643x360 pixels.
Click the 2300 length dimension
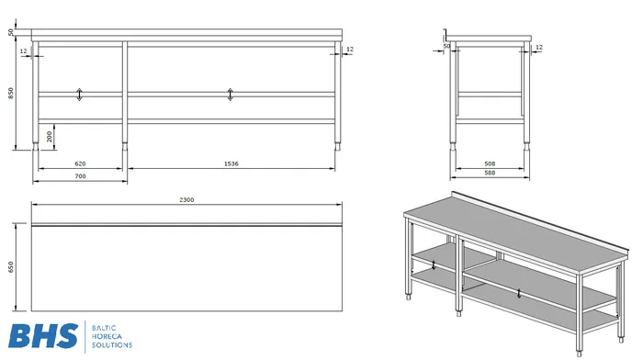pyautogui.click(x=186, y=199)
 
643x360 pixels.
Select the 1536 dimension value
pyautogui.click(x=231, y=163)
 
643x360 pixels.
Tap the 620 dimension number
pyautogui.click(x=81, y=163)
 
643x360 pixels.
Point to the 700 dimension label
pyautogui.click(x=81, y=176)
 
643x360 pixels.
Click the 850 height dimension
pyautogui.click(x=11, y=93)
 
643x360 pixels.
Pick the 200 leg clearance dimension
pyautogui.click(x=50, y=137)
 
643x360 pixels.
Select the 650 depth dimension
pyautogui.click(x=11, y=267)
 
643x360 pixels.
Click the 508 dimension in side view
pyautogui.click(x=490, y=163)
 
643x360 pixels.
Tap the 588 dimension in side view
pyautogui.click(x=490, y=173)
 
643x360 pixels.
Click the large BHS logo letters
pyautogui.click(x=43, y=336)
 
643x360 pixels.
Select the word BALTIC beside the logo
pyautogui.click(x=104, y=328)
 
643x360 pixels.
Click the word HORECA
pyautogui.click(x=107, y=337)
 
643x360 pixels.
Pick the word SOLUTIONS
pyautogui.click(x=112, y=345)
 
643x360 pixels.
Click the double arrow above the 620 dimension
pyautogui.click(x=80, y=95)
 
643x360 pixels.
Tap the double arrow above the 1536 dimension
pyautogui.click(x=230, y=95)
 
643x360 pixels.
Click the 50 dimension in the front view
pyautogui.click(x=11, y=32)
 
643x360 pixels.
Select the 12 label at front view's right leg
pyautogui.click(x=350, y=50)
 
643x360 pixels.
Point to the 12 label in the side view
pyautogui.click(x=539, y=48)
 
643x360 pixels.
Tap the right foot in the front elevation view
pyautogui.click(x=338, y=146)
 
